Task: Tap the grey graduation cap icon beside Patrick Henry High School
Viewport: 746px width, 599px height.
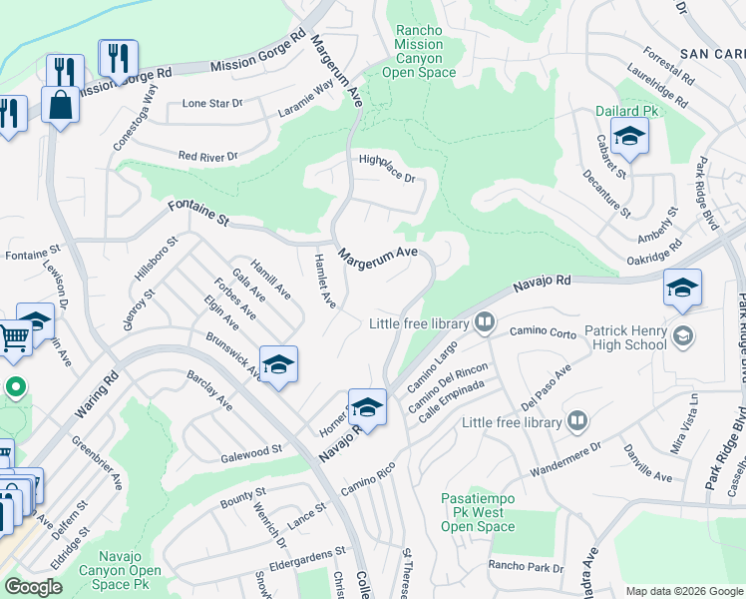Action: click(683, 332)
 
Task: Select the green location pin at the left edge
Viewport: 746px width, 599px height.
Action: click(15, 386)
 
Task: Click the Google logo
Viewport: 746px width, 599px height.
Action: click(34, 587)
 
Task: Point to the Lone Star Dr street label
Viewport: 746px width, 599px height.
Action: click(213, 104)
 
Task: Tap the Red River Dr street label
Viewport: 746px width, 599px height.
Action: click(207, 157)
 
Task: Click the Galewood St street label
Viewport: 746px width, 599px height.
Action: click(251, 453)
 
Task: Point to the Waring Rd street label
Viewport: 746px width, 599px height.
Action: click(96, 395)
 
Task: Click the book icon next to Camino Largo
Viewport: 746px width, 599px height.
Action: click(485, 321)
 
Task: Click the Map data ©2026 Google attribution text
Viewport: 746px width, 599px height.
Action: click(683, 591)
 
